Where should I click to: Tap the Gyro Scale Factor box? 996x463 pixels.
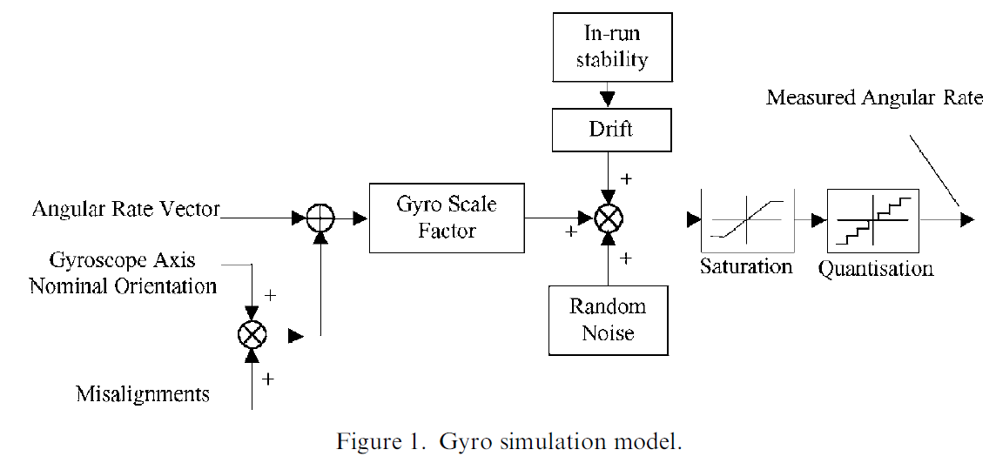click(x=447, y=218)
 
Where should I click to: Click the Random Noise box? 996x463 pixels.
click(x=608, y=319)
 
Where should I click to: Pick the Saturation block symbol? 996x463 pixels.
click(x=745, y=220)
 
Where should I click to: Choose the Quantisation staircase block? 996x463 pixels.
click(x=873, y=220)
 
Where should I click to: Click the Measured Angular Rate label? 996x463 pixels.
click(x=874, y=97)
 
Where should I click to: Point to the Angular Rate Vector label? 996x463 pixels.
click(x=125, y=209)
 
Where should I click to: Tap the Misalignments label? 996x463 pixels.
click(x=142, y=394)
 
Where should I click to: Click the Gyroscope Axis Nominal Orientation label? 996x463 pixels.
click(x=123, y=272)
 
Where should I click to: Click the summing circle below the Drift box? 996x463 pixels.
click(x=609, y=218)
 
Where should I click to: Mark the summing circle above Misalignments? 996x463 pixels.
click(x=252, y=334)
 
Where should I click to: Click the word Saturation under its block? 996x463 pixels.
click(x=746, y=266)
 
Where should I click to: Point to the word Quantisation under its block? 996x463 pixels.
click(x=875, y=268)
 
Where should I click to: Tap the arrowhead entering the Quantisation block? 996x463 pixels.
click(x=819, y=220)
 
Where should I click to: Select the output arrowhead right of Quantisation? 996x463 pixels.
click(x=966, y=220)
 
